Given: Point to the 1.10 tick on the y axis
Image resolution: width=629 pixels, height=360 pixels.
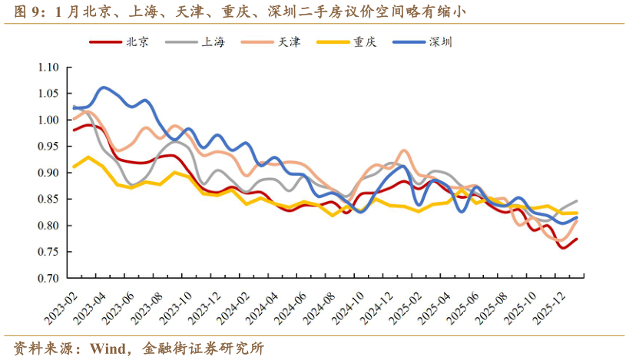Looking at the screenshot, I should coord(48,68).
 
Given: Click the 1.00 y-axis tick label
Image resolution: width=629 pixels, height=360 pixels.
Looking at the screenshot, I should coord(48,121).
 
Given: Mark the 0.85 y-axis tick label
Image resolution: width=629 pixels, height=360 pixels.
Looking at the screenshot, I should coord(48,200).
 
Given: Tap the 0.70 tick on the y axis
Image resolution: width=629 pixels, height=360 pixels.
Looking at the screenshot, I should coord(48,279).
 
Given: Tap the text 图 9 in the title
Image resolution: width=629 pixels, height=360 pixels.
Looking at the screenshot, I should coord(28,12).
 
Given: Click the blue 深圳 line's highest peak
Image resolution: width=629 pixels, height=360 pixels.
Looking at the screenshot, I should coord(104,88).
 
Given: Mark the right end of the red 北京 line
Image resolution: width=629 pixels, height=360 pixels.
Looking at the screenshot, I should coord(577,239).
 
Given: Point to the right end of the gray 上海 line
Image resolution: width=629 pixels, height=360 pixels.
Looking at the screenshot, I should coord(577,201).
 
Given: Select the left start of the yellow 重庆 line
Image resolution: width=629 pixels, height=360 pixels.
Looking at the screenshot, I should coord(74,167).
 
